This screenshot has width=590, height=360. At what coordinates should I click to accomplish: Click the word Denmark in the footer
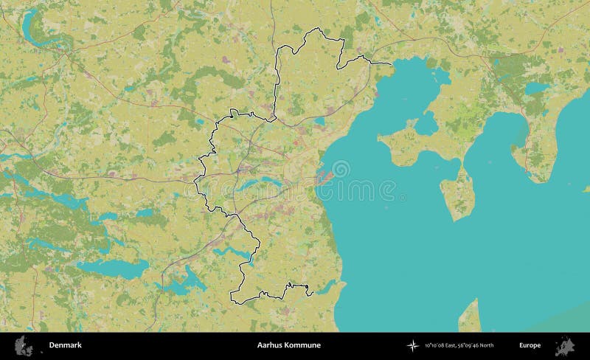66,345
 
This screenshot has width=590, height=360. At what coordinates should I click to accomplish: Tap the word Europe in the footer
529,345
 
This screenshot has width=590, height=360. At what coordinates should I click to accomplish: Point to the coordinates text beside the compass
454,345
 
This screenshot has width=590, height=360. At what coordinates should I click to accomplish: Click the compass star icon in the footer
412,345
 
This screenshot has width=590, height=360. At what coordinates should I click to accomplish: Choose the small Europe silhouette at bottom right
566,345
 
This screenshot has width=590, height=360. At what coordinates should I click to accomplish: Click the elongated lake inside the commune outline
262,180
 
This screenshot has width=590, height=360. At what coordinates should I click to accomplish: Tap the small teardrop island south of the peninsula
457,191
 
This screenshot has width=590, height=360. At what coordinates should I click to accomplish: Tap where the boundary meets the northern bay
389,65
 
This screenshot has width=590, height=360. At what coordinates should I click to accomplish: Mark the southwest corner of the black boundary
232,302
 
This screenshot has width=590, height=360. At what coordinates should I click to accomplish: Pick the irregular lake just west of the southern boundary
184,280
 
